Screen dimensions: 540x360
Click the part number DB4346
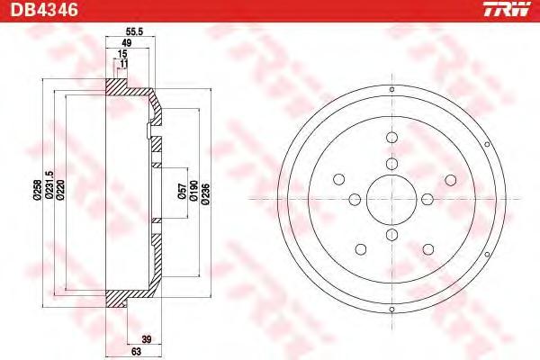(x=44, y=10)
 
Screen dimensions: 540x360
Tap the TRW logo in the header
(x=507, y=9)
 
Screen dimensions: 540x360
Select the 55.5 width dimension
(x=134, y=32)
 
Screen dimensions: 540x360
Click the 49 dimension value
(x=127, y=43)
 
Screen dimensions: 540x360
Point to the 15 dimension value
(x=122, y=54)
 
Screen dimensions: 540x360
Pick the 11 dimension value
(x=124, y=64)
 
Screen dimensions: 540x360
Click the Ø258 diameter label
(x=37, y=190)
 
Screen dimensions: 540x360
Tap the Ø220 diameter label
(x=60, y=190)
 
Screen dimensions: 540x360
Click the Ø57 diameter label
(x=182, y=192)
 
